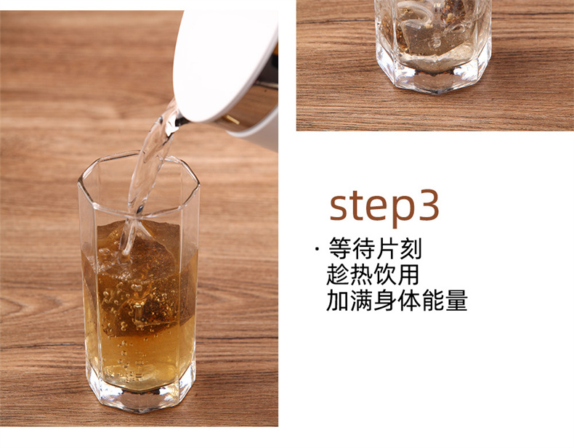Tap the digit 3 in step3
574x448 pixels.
(429, 205)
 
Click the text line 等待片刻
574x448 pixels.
(375, 248)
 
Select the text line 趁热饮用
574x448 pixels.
(373, 274)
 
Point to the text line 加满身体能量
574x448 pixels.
(397, 301)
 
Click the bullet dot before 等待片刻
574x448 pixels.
(317, 249)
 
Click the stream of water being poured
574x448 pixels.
(147, 176)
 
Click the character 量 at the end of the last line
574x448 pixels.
(457, 301)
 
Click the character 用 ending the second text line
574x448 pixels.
(408, 274)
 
